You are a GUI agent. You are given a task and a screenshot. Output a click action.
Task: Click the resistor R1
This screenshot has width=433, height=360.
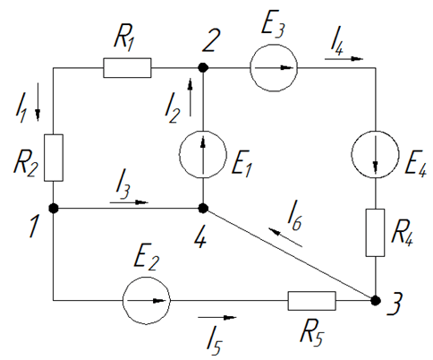tap(127, 68)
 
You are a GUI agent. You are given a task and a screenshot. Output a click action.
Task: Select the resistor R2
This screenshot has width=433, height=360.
tap(54, 158)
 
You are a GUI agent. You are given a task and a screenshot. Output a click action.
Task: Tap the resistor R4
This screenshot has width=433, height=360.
tap(375, 233)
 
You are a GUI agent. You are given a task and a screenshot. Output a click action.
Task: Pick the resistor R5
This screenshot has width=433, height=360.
tap(311, 301)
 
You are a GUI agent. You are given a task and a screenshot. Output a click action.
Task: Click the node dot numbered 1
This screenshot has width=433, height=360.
tap(54, 208)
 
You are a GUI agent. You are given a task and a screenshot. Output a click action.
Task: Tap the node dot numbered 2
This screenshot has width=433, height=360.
tap(203, 68)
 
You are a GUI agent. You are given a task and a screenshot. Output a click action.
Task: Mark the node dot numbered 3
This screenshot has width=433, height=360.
tap(376, 301)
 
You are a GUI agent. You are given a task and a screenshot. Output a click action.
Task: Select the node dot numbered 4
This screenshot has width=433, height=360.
tap(203, 208)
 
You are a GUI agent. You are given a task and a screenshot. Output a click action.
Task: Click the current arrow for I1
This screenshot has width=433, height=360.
tap(38, 102)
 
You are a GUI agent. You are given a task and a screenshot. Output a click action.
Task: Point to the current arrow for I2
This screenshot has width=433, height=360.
tap(190, 97)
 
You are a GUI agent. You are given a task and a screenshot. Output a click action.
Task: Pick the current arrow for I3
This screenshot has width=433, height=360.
tap(129, 202)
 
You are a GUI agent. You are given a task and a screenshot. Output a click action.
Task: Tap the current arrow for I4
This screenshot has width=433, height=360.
tap(344, 59)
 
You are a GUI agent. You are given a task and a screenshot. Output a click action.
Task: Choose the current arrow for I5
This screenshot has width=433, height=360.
tap(217, 317)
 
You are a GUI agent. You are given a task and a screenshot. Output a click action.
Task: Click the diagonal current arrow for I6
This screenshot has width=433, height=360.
tap(285, 237)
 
